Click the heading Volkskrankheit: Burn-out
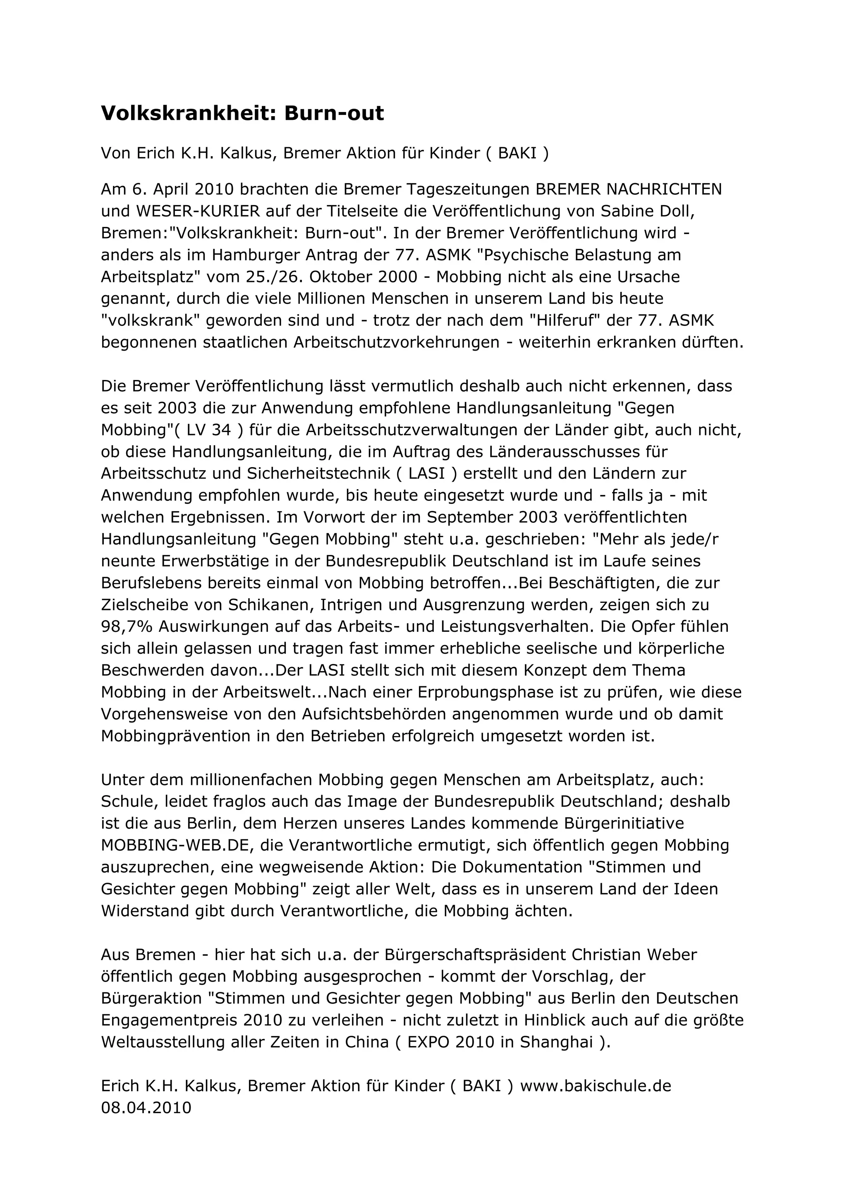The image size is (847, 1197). click(x=242, y=114)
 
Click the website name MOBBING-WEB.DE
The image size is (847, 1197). click(x=177, y=845)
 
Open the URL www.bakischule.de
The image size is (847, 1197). click(x=596, y=1086)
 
